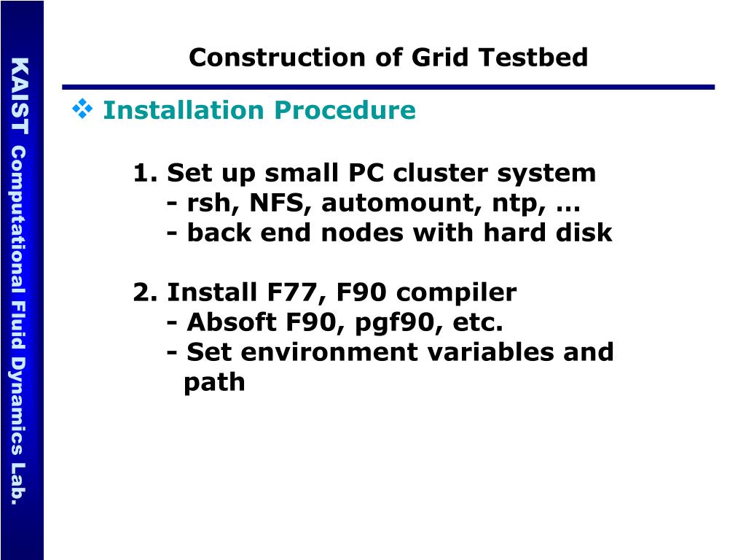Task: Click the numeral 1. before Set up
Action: pos(146,174)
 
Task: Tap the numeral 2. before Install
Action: pos(146,293)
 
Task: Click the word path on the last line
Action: pos(214,383)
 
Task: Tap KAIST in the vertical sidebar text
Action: pos(20,96)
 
